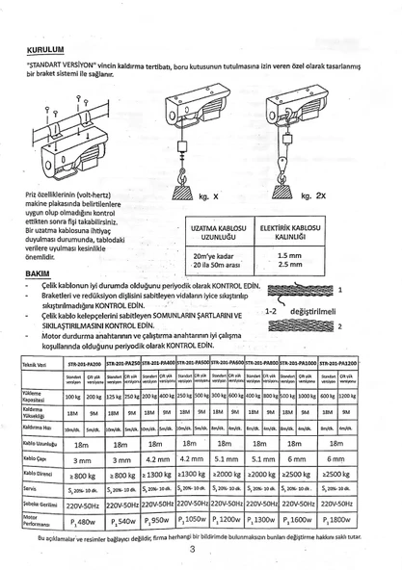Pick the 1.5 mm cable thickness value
(x=288, y=254)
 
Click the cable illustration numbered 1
(x=298, y=289)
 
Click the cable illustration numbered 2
(x=298, y=325)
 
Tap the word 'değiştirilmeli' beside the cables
(x=306, y=311)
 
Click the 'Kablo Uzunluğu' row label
(x=38, y=445)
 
